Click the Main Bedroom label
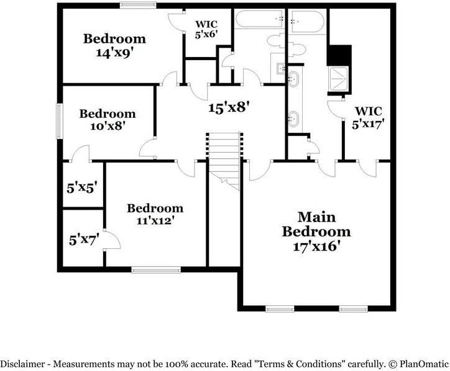click(x=316, y=225)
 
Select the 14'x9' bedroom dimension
click(x=115, y=53)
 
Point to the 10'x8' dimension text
click(x=108, y=126)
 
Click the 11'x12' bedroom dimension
click(x=155, y=221)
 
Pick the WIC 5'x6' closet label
click(x=206, y=29)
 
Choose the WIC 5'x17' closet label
click(x=368, y=118)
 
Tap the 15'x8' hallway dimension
click(x=227, y=108)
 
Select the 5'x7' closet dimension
click(x=84, y=239)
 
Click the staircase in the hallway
click(x=224, y=161)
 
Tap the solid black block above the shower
click(x=339, y=55)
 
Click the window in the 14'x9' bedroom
click(x=138, y=5)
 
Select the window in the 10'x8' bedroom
click(x=60, y=121)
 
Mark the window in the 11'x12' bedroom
click(x=156, y=270)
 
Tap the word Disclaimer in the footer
click(x=22, y=364)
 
